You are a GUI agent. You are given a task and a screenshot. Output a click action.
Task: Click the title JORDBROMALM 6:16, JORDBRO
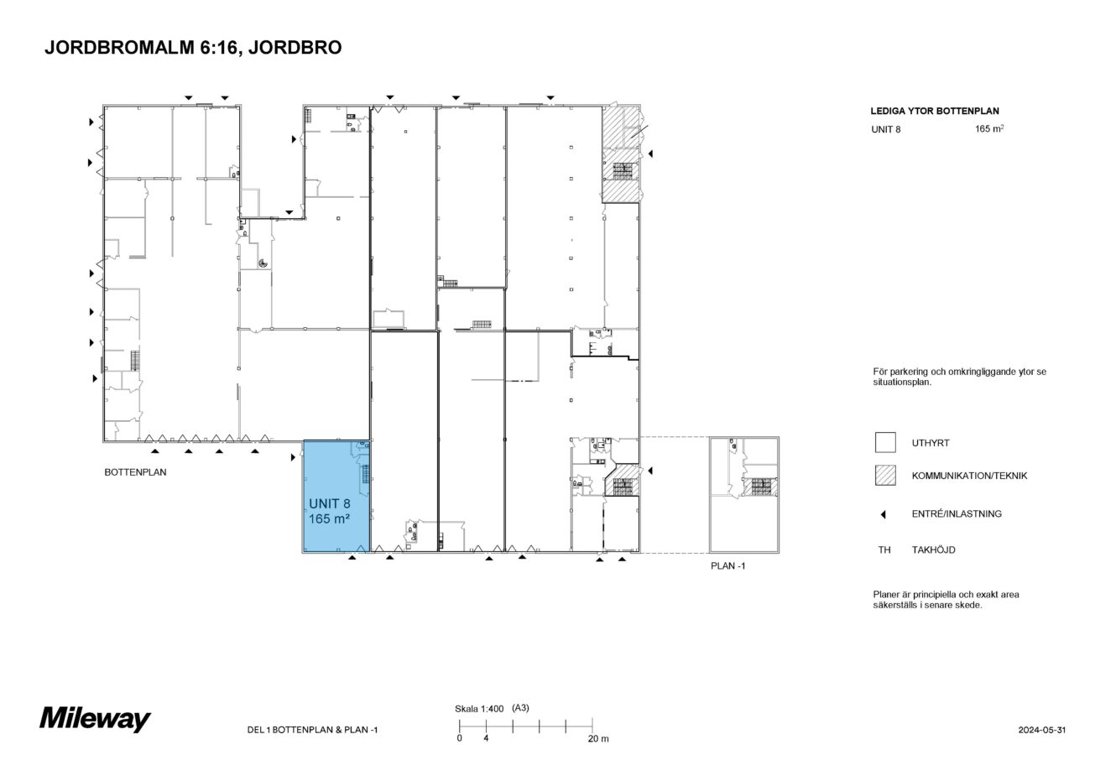(192, 49)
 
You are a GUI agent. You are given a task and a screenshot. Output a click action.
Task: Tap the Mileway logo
(95, 719)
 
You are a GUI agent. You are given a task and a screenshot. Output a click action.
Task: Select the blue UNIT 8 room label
(329, 511)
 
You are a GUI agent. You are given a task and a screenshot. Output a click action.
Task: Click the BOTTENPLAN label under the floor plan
(135, 472)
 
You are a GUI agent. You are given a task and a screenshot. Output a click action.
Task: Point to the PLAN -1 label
(727, 566)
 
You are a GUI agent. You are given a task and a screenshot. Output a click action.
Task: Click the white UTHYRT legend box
(885, 443)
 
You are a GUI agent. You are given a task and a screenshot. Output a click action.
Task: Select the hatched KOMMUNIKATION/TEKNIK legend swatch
(885, 476)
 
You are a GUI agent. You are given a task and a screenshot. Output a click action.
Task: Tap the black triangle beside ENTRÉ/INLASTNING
(884, 514)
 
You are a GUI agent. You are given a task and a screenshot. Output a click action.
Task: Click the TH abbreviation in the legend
(884, 550)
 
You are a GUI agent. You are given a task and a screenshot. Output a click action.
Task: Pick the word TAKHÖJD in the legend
(933, 550)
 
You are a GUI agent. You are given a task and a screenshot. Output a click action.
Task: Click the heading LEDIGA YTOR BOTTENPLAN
(935, 111)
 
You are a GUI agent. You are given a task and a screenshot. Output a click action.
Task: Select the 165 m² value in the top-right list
(989, 130)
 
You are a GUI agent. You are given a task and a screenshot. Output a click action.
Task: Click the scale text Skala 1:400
(478, 709)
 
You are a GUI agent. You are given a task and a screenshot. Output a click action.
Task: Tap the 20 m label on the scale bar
(597, 739)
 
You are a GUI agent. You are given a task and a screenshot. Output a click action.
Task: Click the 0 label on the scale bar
(459, 739)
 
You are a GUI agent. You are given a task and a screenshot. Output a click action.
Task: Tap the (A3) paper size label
(520, 708)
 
